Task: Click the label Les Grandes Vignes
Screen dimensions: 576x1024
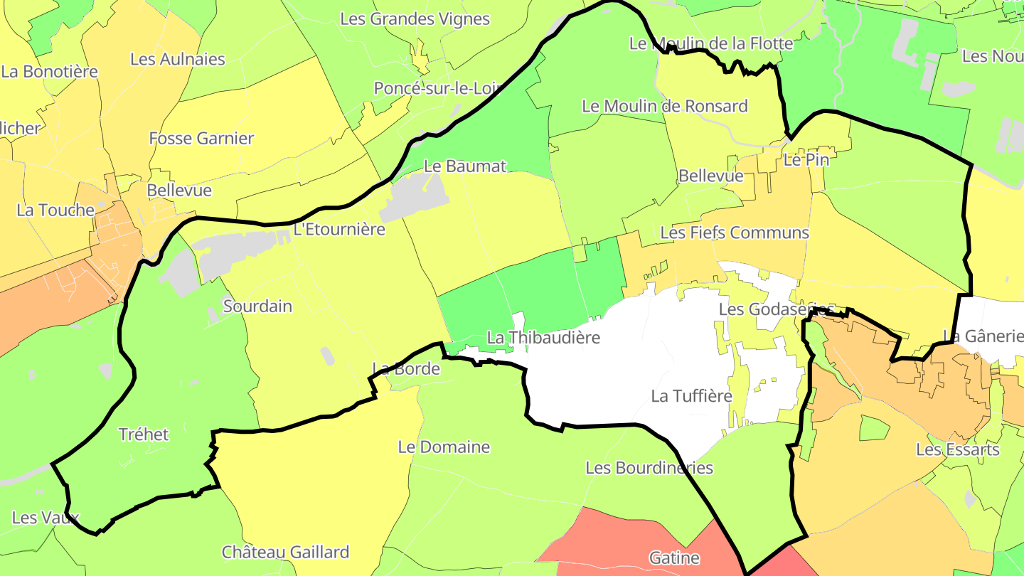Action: [415, 19]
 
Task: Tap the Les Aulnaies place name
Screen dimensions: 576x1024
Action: [177, 60]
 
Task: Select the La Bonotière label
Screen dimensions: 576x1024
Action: [50, 72]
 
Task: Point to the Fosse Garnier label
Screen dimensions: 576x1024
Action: [201, 139]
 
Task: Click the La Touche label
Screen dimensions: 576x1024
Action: [55, 210]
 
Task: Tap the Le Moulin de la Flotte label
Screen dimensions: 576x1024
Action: [710, 44]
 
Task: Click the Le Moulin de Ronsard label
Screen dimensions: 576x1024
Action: [664, 107]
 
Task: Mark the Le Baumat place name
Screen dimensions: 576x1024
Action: [465, 166]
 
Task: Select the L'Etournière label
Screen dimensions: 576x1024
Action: [339, 230]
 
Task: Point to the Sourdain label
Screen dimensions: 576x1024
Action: [257, 306]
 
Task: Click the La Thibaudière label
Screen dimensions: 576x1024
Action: [543, 338]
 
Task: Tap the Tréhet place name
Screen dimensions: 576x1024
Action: [144, 434]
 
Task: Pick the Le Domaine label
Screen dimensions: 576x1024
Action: [444, 447]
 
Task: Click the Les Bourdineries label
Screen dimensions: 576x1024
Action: [649, 468]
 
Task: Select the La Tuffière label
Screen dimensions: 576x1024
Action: [691, 396]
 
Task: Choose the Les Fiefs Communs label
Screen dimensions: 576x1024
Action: [735, 233]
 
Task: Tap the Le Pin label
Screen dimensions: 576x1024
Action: [806, 160]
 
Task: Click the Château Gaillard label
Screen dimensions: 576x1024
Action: [285, 553]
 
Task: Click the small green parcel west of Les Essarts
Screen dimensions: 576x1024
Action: [874, 428]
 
